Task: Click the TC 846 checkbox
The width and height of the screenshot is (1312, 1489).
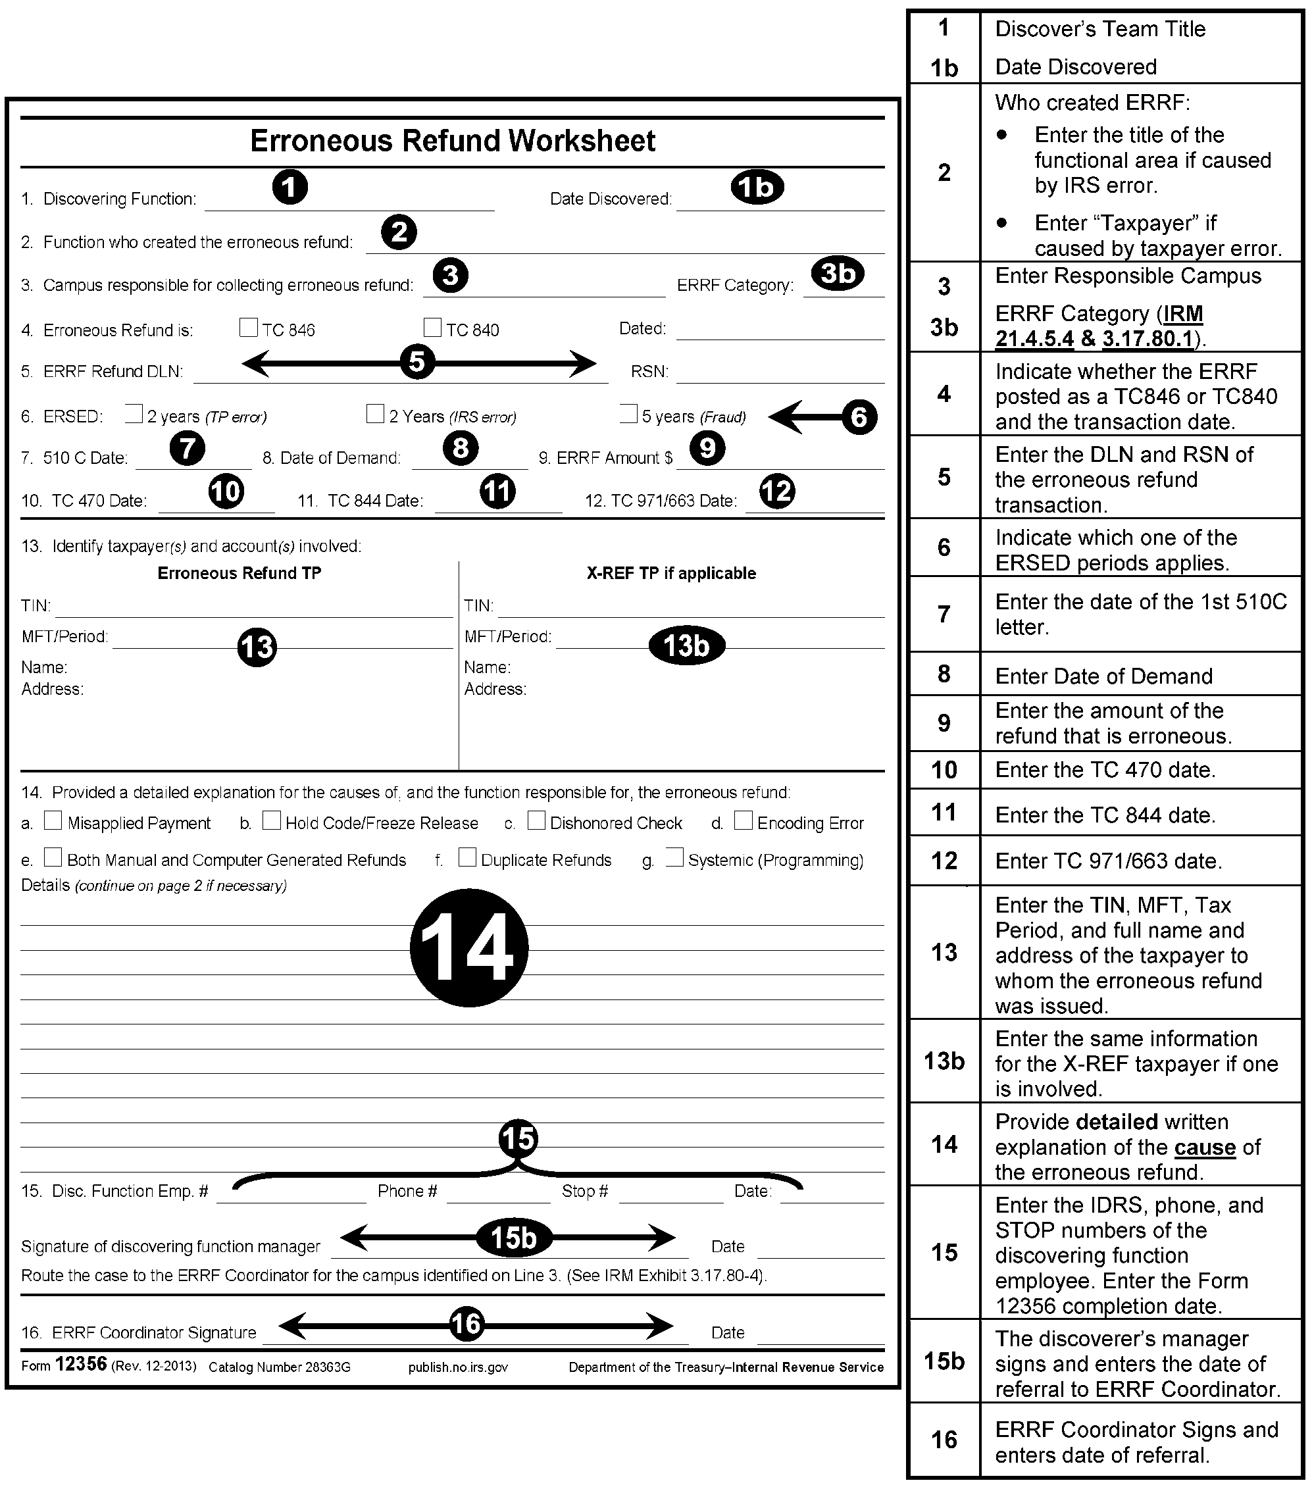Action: click(249, 328)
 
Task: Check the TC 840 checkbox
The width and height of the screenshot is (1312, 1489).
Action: click(433, 328)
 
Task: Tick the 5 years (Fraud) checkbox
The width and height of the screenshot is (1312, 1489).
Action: click(628, 414)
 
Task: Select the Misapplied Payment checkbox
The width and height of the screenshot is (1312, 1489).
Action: click(53, 820)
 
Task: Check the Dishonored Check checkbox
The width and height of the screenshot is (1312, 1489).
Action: click(536, 820)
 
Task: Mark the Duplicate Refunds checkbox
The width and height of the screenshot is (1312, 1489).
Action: click(467, 857)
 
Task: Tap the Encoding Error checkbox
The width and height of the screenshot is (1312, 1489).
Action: click(743, 820)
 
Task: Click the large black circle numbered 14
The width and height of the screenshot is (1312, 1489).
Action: click(468, 947)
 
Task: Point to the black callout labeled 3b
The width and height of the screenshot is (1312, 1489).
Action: click(838, 274)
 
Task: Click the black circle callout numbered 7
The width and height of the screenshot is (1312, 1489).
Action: click(188, 448)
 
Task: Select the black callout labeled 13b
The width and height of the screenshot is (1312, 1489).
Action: click(686, 645)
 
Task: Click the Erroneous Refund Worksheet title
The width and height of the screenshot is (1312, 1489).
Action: click(453, 141)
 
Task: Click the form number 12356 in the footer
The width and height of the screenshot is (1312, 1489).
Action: click(81, 1364)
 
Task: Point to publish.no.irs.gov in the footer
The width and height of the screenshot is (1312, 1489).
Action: click(458, 1367)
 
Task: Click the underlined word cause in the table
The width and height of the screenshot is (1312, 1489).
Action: click(1205, 1148)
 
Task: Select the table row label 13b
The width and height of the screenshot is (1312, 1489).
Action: click(944, 1061)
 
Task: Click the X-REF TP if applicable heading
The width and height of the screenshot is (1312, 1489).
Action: click(671, 573)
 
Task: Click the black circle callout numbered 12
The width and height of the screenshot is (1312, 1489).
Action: click(776, 491)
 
